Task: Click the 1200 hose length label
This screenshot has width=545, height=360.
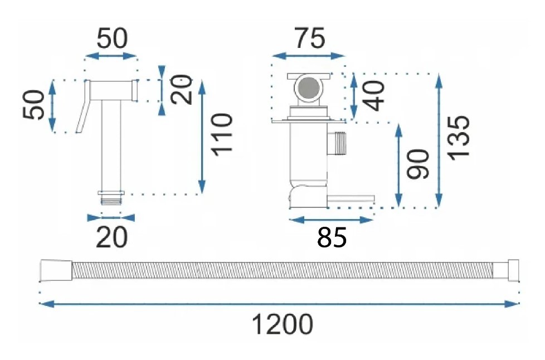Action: click(282, 324)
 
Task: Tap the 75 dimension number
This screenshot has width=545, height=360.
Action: click(310, 38)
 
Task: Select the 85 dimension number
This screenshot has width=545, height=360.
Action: click(332, 238)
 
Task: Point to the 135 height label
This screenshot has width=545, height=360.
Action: click(459, 138)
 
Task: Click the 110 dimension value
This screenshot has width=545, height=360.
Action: click(222, 135)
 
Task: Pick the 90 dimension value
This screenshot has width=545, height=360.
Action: click(418, 164)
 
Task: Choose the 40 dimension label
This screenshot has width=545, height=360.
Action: click(374, 96)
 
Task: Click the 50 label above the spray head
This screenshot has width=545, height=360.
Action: click(112, 38)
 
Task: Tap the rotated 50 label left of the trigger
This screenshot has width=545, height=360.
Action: click(34, 105)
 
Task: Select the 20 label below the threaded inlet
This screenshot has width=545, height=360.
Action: click(111, 237)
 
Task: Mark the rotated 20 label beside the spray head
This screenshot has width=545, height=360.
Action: click(181, 89)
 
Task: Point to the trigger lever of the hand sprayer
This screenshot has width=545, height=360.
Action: click(83, 106)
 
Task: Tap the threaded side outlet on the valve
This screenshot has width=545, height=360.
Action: click(337, 143)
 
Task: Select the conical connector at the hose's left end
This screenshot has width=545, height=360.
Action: click(56, 270)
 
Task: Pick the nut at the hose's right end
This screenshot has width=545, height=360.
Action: click(506, 270)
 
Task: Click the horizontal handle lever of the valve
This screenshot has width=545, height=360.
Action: click(351, 198)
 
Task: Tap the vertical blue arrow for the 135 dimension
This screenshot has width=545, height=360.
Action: click(439, 141)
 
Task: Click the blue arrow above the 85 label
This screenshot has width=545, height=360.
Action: click(331, 220)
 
